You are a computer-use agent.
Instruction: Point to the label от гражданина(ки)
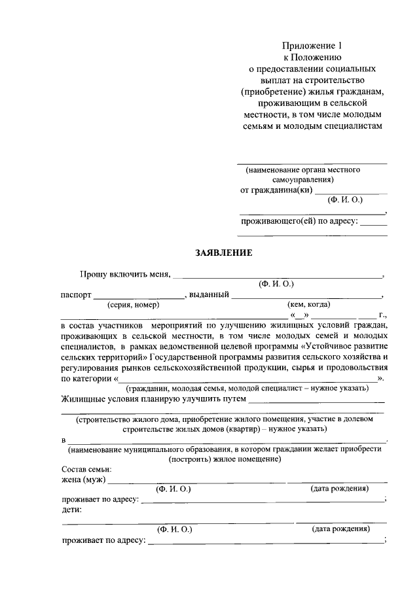pyautogui.click(x=277, y=190)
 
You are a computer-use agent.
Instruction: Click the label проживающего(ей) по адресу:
pyautogui.click(x=299, y=221)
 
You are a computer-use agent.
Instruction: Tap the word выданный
pyautogui.click(x=208, y=295)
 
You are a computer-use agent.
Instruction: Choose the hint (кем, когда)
pyautogui.click(x=308, y=304)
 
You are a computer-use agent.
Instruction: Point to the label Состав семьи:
pyautogui.click(x=86, y=469)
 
